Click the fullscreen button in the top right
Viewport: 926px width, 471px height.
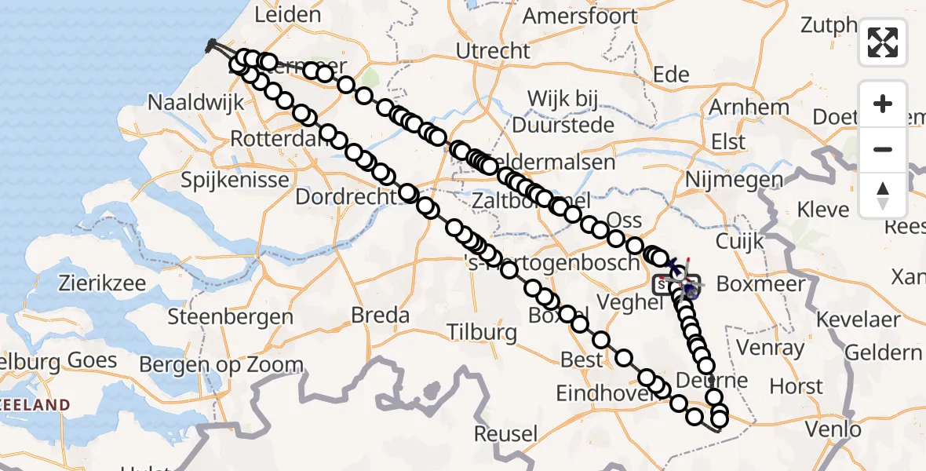(883, 42)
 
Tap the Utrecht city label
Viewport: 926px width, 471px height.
(494, 51)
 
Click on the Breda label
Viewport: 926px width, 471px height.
(381, 316)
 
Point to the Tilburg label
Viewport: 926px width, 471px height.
(482, 332)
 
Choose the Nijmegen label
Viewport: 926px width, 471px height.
(734, 180)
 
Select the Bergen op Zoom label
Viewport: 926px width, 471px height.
(221, 364)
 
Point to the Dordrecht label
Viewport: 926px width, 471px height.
(345, 196)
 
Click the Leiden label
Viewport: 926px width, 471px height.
(288, 14)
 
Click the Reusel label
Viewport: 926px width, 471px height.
(506, 433)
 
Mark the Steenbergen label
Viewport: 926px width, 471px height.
(231, 317)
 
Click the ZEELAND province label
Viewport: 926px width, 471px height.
(35, 404)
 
